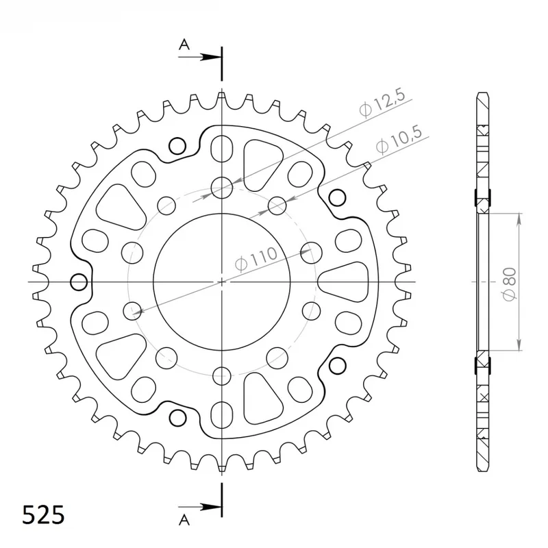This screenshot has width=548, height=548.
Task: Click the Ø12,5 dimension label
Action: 382,103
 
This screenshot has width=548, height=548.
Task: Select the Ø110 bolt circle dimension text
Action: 256,260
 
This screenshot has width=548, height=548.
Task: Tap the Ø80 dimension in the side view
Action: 509,284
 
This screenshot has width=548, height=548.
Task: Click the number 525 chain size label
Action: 43,515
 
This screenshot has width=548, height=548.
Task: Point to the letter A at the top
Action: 184,45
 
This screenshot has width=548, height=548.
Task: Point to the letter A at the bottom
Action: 184,521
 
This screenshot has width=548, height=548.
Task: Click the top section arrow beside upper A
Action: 199,57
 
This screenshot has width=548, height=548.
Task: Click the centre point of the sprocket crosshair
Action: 221,282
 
